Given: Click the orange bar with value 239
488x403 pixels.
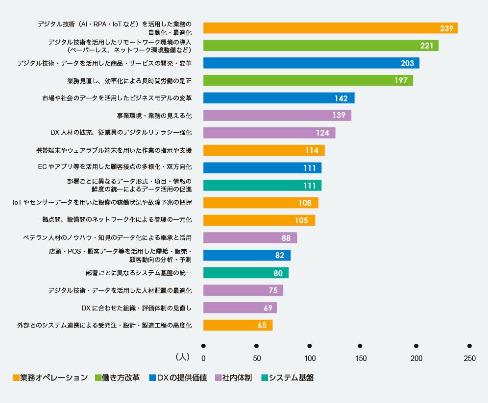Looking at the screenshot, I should tap(330, 28).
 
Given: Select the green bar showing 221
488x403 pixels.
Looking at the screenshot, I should tap(320, 46).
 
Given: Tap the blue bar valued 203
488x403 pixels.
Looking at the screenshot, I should tap(311, 63).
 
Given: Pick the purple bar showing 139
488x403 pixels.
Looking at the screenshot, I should tap(277, 116).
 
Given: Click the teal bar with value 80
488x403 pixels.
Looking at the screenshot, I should tap(245, 273).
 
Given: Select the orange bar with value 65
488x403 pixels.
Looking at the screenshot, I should tap(238, 325).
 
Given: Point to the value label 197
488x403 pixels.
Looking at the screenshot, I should tap(401, 81).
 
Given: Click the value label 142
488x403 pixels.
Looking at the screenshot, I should tap(341, 98).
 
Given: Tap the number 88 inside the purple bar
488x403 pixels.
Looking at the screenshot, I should tap(286, 238).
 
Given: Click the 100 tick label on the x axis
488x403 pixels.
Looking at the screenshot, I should tap(310, 358).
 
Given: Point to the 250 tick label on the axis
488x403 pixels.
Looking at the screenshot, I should tap(469, 358).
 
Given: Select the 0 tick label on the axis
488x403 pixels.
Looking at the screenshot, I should tap(203, 358).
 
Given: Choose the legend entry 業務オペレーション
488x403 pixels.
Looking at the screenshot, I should tap(52, 378).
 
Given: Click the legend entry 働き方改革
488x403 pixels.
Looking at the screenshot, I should tap(121, 378).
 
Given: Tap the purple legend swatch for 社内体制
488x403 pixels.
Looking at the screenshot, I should tap(218, 378).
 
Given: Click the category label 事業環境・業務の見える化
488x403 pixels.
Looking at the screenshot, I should tap(154, 116).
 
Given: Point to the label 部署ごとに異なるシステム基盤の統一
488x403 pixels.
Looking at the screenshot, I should tap(138, 273).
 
